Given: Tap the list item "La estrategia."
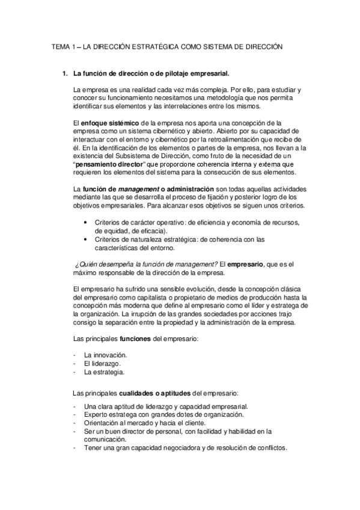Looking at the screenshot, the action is pyautogui.click(x=105, y=372).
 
